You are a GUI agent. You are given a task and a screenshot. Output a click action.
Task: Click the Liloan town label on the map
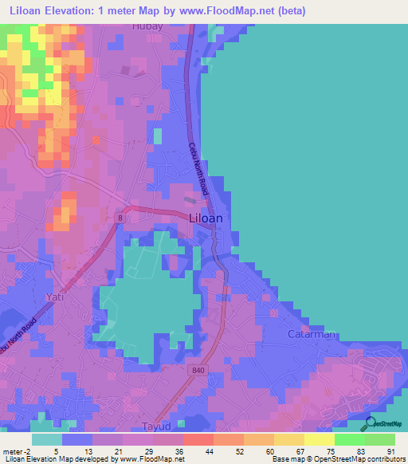click(206, 218)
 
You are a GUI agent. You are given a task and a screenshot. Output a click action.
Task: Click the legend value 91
click(391, 451)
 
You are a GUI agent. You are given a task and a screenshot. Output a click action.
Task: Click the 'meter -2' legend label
click(17, 451)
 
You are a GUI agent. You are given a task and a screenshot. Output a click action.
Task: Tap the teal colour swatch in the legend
click(47, 439)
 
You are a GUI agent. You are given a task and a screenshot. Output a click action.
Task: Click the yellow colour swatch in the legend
click(319, 439)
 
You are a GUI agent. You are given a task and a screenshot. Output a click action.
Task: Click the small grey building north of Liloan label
click(189, 200)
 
